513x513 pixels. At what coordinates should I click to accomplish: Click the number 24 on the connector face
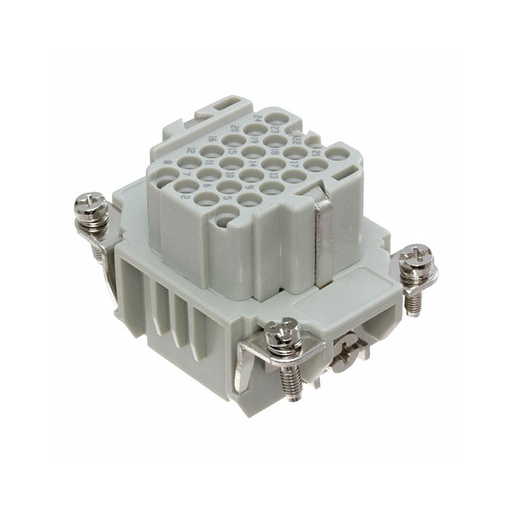pos(257,119)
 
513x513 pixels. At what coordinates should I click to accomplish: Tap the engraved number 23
pos(275,129)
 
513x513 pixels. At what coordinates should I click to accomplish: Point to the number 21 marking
pos(316,154)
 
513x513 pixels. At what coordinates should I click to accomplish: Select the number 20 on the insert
pos(235,129)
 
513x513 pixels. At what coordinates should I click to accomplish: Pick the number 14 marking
pos(253,163)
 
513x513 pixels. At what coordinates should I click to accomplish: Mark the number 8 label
pos(168,164)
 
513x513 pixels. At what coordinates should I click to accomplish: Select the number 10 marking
pos(229,174)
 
